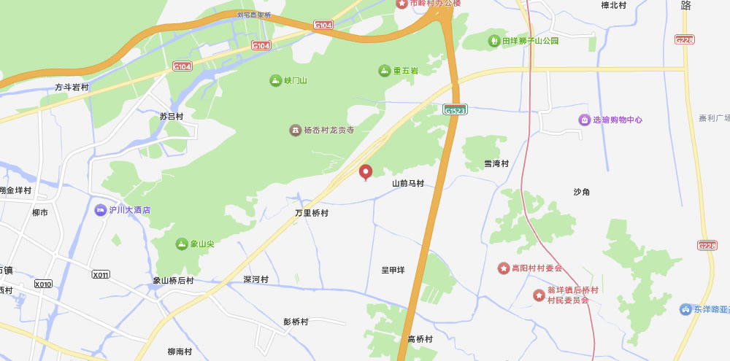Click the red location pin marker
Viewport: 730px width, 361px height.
coord(366,172)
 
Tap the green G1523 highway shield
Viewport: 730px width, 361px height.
coord(455,109)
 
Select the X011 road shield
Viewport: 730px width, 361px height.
coord(101,274)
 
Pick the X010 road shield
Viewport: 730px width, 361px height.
coord(43,284)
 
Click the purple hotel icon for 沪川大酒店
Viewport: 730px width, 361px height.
coord(100,210)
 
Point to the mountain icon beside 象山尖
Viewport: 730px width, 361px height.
coord(182,244)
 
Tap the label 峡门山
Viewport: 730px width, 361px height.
coord(296,80)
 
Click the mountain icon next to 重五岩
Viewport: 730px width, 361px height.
coord(384,71)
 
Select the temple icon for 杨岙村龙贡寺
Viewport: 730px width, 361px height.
coord(295,130)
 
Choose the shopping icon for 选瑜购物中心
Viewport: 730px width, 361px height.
coord(584,120)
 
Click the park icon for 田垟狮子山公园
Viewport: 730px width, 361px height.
coord(494,41)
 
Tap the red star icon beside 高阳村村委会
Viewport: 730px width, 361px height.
coord(504,268)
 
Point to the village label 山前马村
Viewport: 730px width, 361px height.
coord(408,184)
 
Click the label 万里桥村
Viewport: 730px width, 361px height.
coord(312,214)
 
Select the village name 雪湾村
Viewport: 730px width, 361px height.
coord(496,163)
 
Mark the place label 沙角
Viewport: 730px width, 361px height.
coord(582,192)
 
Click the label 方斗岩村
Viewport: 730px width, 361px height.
coord(72,88)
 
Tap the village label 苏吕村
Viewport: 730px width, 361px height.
coord(172,116)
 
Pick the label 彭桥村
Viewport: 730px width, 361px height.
coord(296,322)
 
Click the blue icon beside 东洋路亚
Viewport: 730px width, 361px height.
coord(685,309)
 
